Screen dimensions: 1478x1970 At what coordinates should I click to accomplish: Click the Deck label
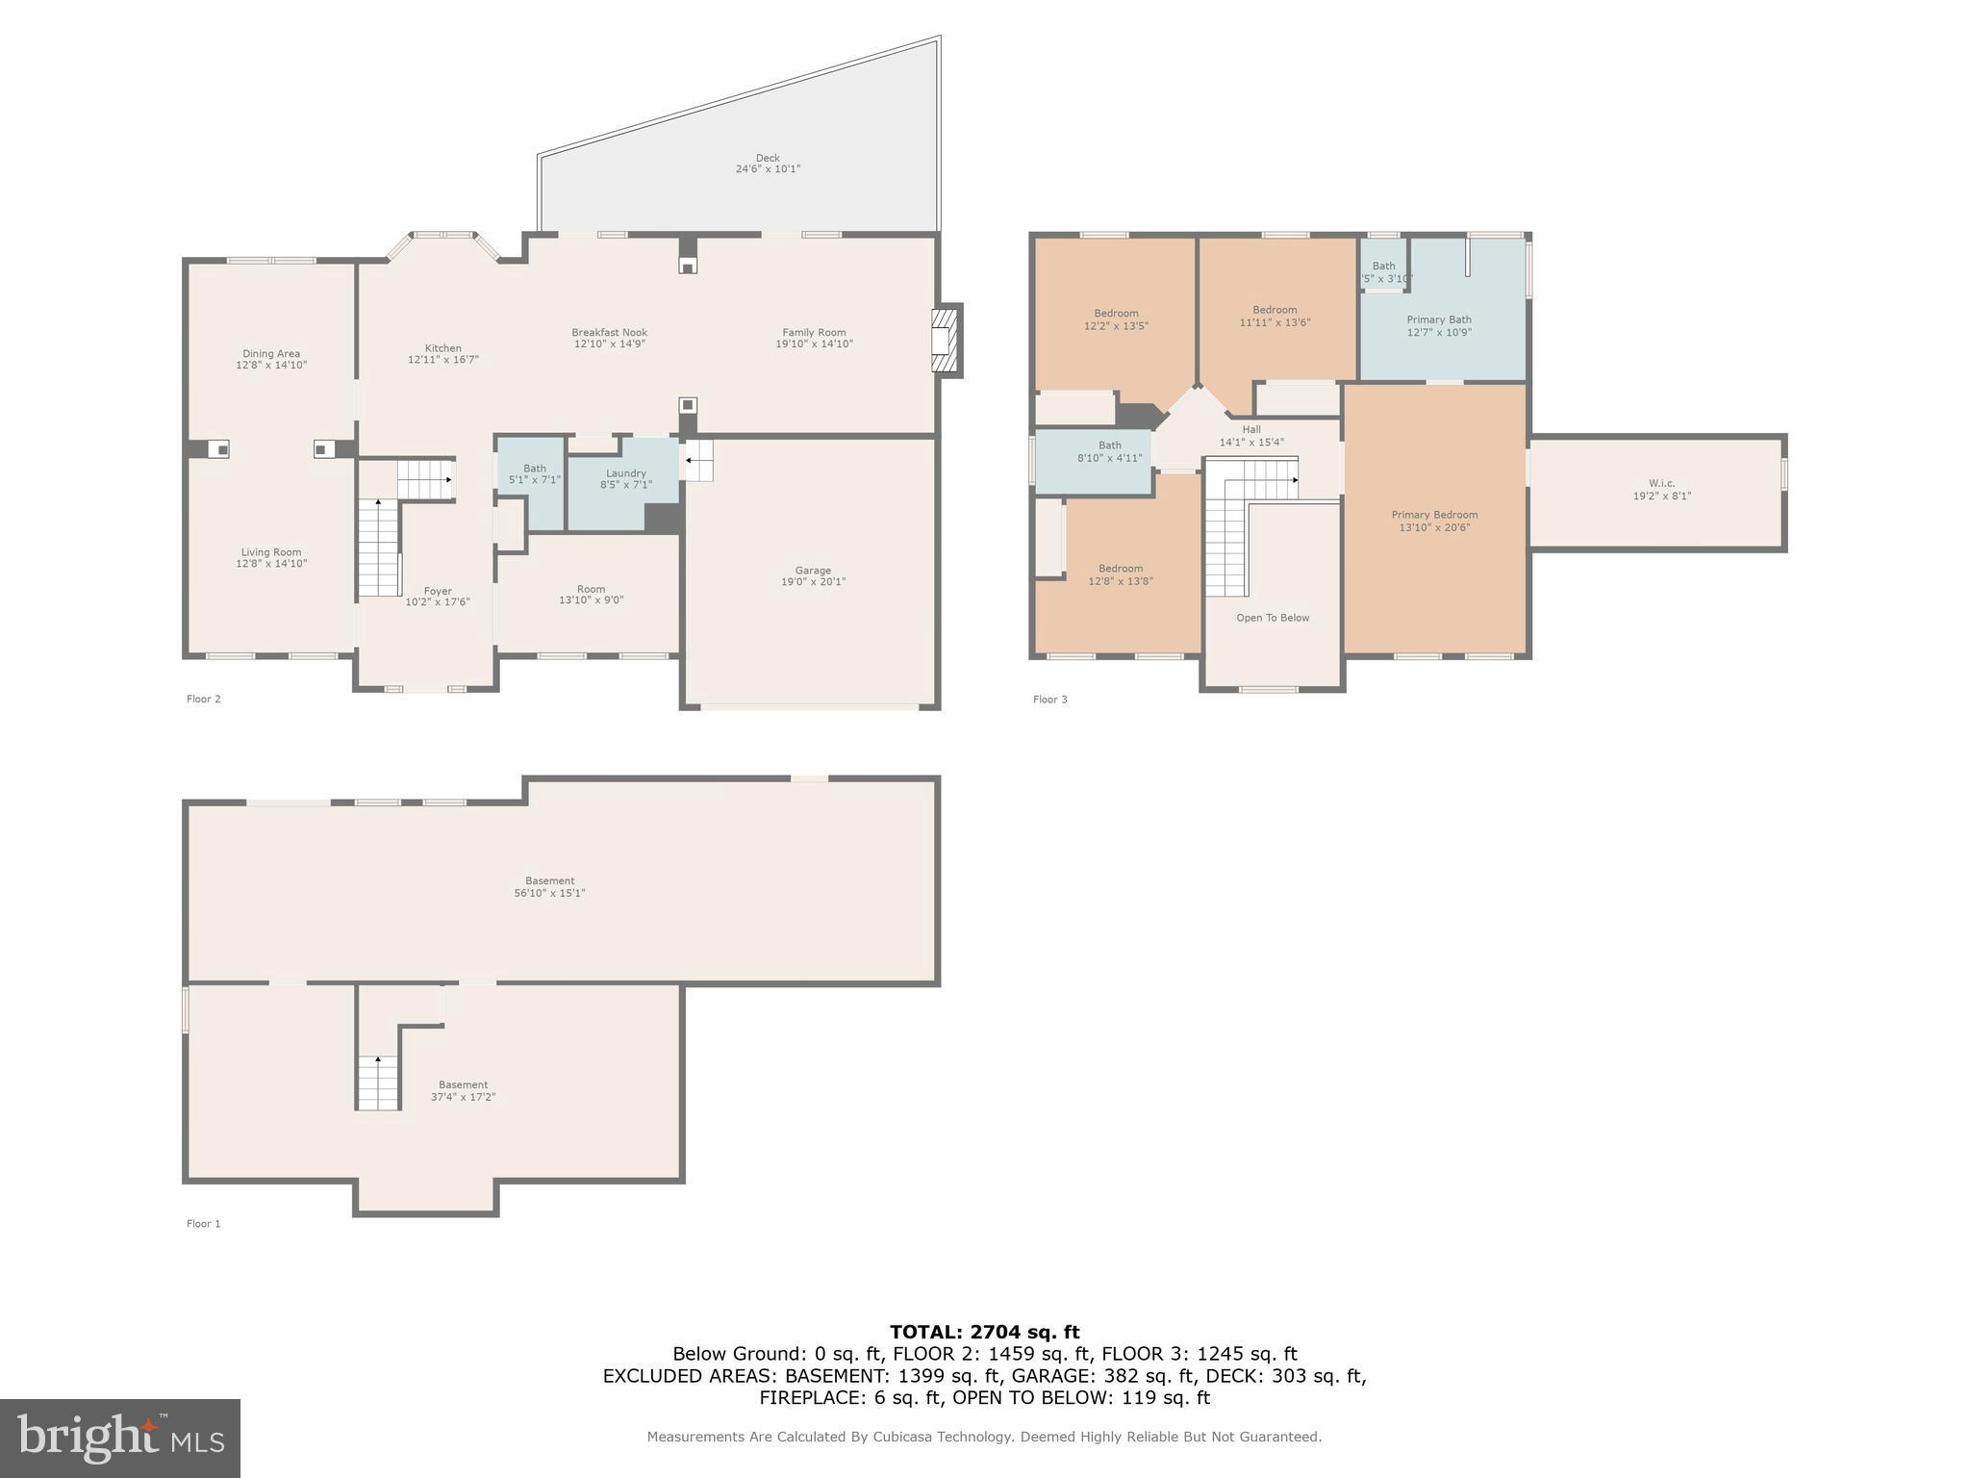pos(767,158)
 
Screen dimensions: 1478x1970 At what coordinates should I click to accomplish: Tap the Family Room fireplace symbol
pos(945,340)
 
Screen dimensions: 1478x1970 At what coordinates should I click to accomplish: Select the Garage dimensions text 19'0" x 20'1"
pos(813,582)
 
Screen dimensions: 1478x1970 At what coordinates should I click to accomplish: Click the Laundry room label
pos(625,473)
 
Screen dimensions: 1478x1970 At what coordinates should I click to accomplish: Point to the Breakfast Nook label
pos(609,333)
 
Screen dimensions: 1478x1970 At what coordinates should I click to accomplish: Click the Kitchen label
pos(442,348)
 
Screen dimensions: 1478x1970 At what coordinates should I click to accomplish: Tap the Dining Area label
pos(271,354)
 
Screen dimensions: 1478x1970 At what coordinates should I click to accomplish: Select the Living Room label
pos(271,552)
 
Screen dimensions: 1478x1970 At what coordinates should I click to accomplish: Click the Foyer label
pos(438,592)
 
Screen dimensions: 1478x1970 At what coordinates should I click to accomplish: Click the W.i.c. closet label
pos(1661,484)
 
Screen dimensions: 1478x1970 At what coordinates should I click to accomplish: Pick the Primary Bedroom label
pos(1434,515)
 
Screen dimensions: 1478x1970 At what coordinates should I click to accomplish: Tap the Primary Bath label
pos(1439,319)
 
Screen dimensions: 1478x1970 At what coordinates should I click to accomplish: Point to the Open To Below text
pos(1273,618)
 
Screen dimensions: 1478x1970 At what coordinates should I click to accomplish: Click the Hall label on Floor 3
pos(1251,430)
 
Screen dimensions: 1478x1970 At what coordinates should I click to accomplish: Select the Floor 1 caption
pos(203,1224)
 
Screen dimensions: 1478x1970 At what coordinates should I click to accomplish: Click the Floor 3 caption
pos(1049,700)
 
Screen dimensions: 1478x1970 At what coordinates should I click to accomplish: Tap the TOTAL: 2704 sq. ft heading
pos(984,1332)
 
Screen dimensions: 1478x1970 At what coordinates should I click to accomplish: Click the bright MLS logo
pos(119,1439)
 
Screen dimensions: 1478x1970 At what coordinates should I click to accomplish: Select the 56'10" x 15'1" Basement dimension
pos(549,893)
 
